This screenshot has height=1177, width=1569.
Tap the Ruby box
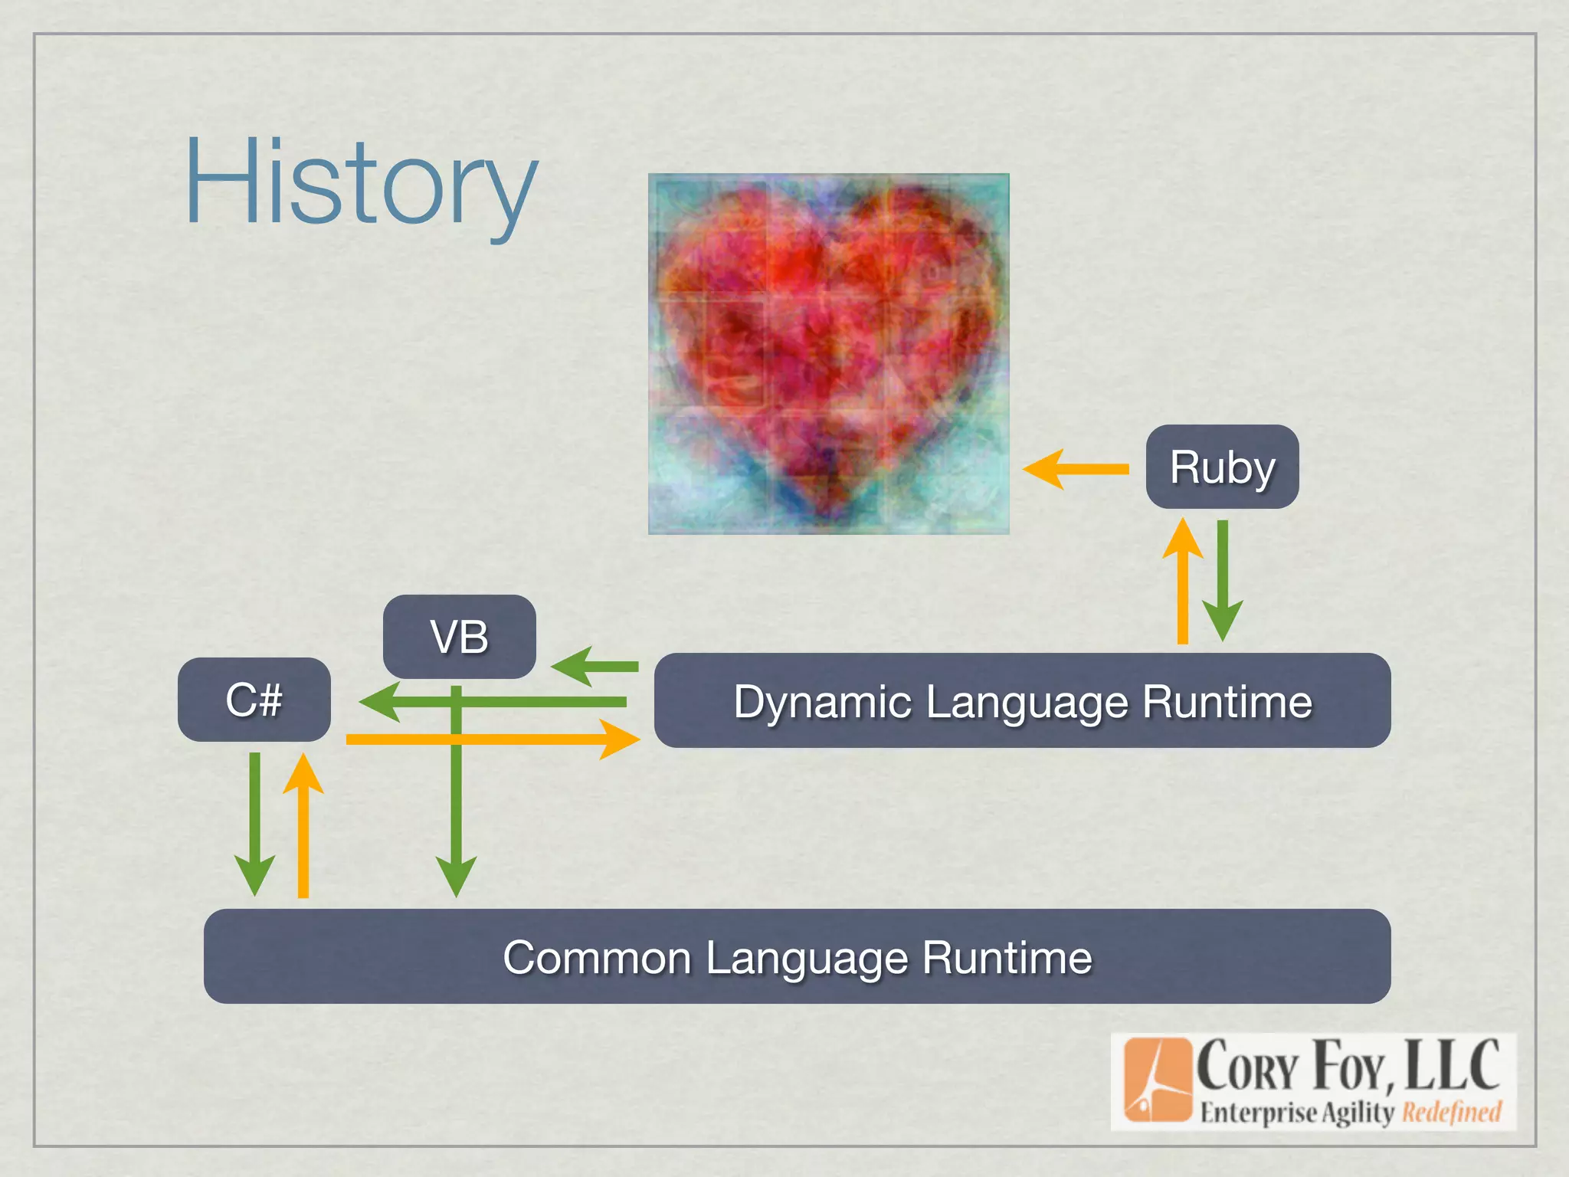pos(1222,467)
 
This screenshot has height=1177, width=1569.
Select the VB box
pos(459,636)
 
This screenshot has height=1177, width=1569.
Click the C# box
pos(254,699)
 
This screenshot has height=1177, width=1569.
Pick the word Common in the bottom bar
pos(597,958)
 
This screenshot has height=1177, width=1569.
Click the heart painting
pos(828,353)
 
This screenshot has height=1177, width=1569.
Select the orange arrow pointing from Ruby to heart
pos(1076,469)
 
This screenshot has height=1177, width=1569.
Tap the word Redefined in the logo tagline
pos(1451,1112)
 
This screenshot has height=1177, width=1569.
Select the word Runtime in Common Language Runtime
pos(1007,958)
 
